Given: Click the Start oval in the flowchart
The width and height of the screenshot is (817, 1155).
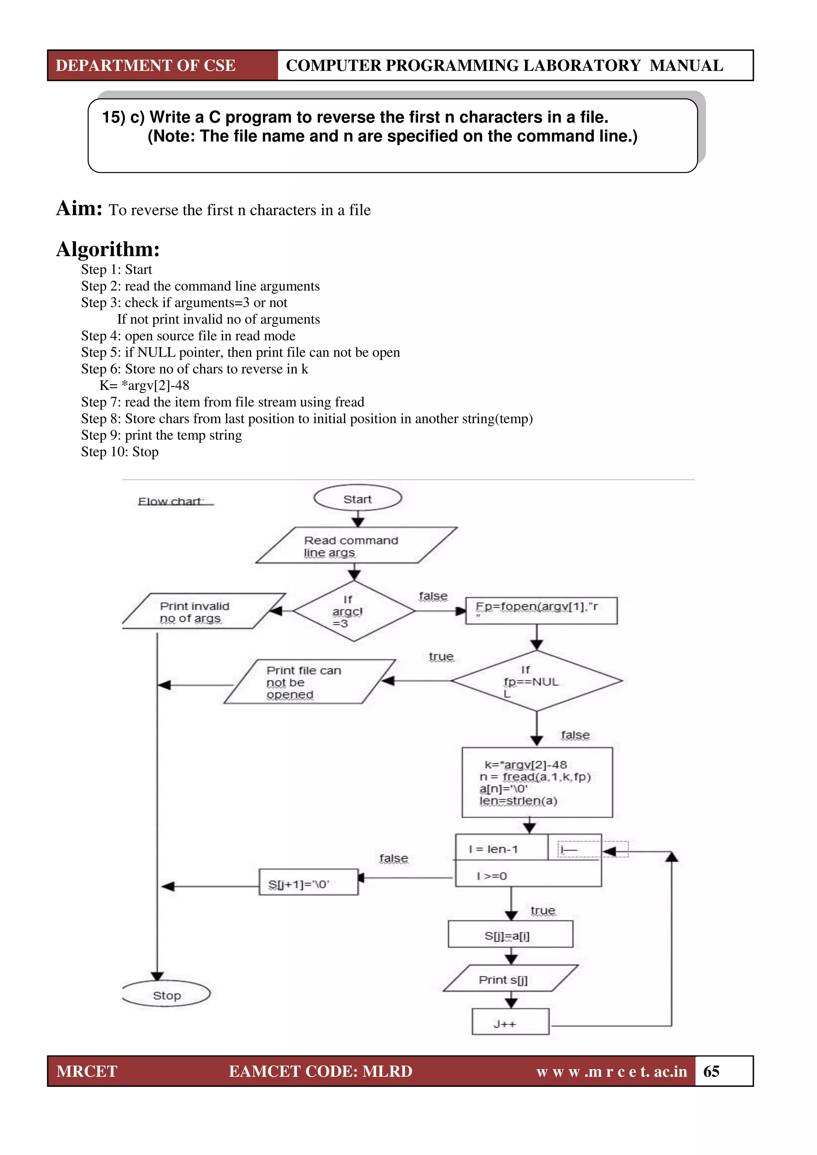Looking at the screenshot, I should pos(358,499).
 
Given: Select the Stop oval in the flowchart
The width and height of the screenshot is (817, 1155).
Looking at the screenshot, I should pos(166,995).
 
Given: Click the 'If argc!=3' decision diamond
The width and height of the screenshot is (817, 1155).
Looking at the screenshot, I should pos(354,611).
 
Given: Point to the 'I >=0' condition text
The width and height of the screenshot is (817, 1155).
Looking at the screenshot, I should pos(491,876).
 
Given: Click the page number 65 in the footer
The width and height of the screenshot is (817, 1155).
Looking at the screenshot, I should pos(711,1071).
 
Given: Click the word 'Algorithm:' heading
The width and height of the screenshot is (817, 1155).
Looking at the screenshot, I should pos(108,249).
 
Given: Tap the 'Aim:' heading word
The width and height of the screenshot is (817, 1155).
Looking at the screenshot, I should pos(79,208).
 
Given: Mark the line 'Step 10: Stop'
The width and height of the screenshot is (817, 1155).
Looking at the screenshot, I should pos(120,452).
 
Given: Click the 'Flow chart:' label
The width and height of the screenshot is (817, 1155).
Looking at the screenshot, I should pos(171,501).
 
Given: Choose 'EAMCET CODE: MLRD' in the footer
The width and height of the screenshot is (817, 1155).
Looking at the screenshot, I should pos(320,1071).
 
